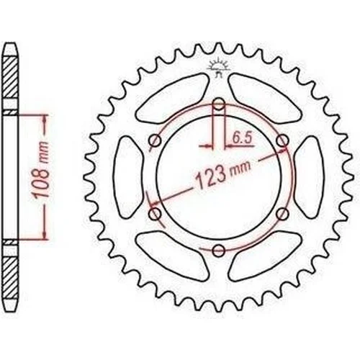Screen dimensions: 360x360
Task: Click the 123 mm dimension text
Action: point(223,174)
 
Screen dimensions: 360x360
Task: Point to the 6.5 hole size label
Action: point(241,139)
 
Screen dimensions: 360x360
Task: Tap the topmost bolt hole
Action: point(218,104)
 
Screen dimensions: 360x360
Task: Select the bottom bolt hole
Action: point(218,251)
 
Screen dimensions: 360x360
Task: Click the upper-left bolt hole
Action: point(155,141)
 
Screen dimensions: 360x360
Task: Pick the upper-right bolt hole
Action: point(282,141)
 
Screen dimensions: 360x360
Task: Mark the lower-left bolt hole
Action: point(155,214)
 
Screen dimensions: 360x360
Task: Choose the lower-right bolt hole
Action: point(282,214)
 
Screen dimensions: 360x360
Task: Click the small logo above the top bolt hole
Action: point(218,68)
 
